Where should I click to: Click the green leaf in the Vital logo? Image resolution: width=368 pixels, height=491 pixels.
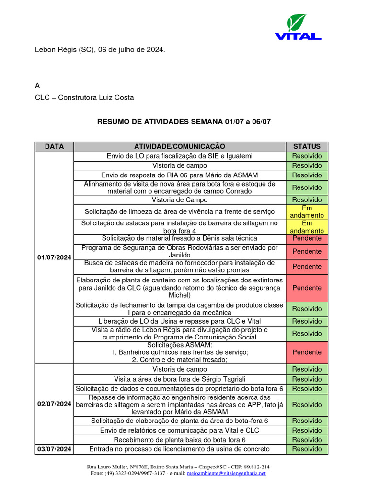tap(297, 23)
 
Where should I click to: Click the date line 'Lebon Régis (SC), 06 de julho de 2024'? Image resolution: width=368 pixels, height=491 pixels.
tap(100, 49)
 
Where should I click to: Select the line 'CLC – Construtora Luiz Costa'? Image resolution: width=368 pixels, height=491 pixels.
tap(84, 97)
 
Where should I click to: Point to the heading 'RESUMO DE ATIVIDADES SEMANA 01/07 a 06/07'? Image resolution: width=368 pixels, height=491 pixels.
tap(184, 122)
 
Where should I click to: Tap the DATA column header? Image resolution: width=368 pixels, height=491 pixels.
tap(54, 146)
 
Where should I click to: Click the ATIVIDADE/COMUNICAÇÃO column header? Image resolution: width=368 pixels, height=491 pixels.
tap(179, 146)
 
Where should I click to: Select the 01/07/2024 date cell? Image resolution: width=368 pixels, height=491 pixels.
tap(54, 257)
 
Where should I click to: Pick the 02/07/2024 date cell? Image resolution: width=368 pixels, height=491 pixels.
tap(54, 404)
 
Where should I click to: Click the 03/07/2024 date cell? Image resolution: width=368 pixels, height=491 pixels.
tap(54, 449)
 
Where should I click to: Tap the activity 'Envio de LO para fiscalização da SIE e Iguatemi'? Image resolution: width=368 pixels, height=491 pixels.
tap(179, 156)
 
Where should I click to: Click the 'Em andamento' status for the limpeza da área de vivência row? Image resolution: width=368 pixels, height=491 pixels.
tap(307, 212)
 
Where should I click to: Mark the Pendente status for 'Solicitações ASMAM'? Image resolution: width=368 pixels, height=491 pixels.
tap(307, 352)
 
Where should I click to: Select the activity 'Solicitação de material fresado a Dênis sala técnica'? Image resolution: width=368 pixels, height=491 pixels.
tap(179, 238)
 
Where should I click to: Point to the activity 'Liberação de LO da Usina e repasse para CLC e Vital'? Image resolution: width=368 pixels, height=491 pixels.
tap(179, 321)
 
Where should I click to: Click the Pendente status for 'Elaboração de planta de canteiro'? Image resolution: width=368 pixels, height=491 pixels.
tap(307, 288)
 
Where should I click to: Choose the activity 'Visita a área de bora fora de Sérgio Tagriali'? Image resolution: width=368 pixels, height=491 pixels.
tap(179, 379)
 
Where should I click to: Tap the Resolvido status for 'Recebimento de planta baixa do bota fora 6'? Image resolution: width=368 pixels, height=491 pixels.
tap(307, 440)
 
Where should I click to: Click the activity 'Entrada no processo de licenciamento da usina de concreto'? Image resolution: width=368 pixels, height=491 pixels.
tap(179, 449)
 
